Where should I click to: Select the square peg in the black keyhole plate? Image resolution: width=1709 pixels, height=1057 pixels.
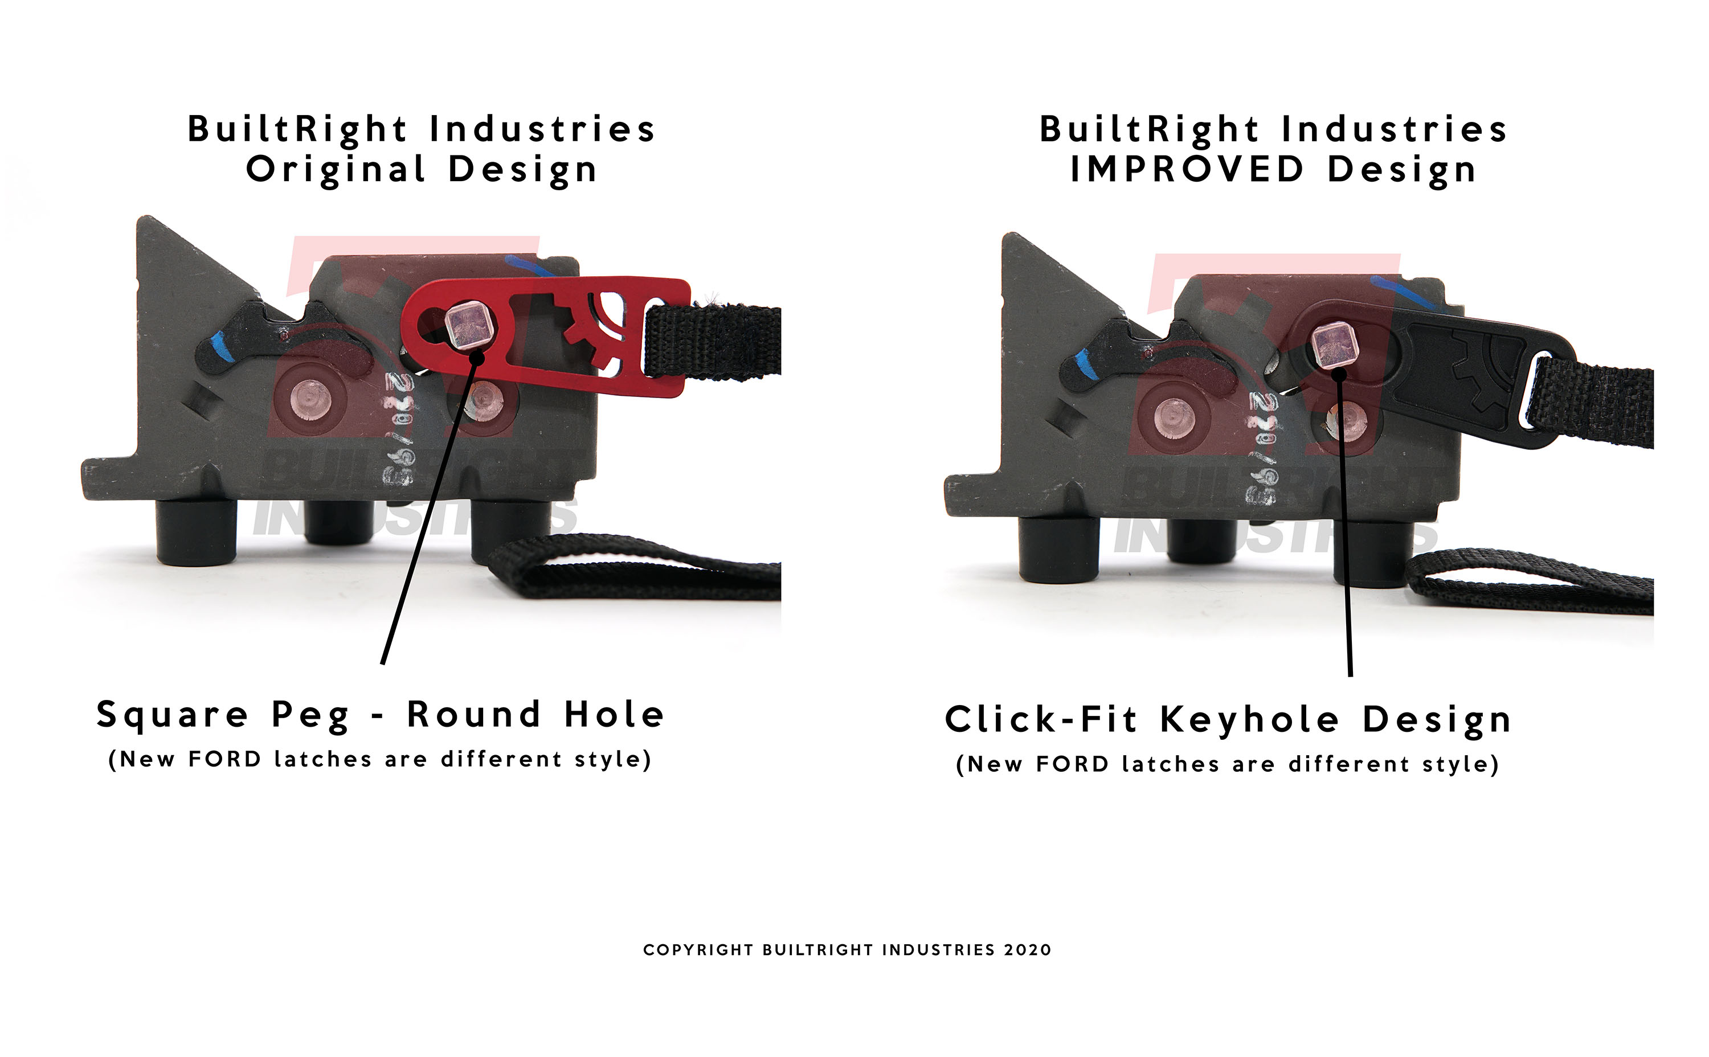[1334, 345]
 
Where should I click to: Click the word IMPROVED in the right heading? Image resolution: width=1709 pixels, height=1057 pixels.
[1187, 169]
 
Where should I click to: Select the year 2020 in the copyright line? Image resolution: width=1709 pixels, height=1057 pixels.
[1027, 950]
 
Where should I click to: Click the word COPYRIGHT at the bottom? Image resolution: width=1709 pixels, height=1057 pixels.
[698, 950]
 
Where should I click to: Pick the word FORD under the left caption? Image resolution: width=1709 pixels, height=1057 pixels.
[225, 759]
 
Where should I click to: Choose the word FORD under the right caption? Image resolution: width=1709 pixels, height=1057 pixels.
[1073, 764]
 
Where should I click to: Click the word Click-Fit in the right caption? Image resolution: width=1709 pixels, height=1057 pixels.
[1041, 720]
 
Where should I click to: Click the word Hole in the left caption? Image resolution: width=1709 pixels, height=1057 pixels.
[614, 715]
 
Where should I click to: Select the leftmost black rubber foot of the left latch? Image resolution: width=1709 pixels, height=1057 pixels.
[196, 531]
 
